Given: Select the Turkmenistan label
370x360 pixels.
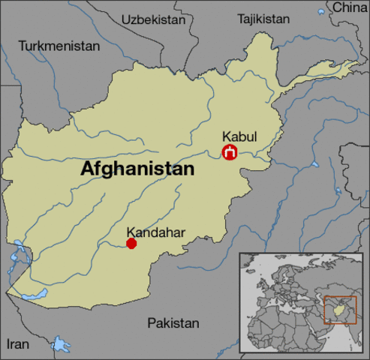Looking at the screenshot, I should (59, 46).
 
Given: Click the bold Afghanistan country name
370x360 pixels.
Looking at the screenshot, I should (137, 169).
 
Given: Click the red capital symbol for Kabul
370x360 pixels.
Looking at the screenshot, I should (230, 153).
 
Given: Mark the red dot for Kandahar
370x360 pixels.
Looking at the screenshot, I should (131, 243).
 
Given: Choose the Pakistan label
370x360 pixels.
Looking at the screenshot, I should (173, 323).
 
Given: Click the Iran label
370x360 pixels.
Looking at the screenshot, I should (18, 344).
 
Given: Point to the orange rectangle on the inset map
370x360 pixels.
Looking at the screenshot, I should (340, 309).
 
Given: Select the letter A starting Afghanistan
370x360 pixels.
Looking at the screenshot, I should (87, 169).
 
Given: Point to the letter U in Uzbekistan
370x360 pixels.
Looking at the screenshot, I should (125, 18).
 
